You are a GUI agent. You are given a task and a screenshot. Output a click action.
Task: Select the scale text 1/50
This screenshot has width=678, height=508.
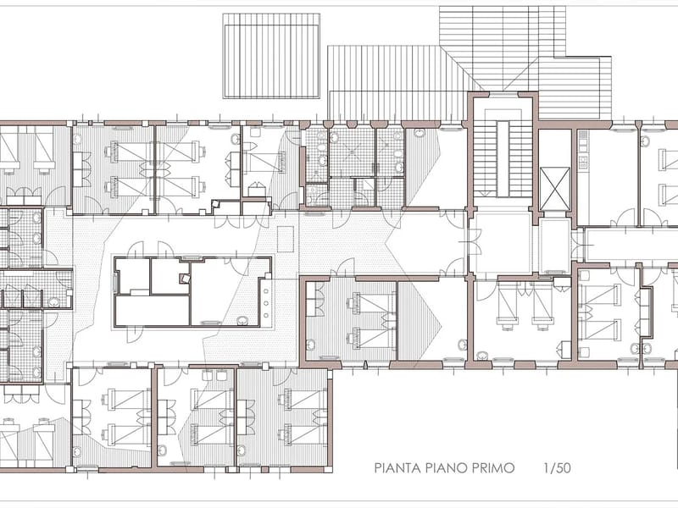(x=558, y=468)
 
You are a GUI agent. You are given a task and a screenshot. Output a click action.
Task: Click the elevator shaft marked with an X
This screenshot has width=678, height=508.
(x=555, y=189)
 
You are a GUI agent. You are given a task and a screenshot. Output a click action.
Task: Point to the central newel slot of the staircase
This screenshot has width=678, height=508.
(x=502, y=158)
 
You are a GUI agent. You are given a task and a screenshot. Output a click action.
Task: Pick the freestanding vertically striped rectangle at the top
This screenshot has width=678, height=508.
(x=271, y=56)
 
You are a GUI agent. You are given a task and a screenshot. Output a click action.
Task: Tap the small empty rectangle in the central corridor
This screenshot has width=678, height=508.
(x=286, y=239)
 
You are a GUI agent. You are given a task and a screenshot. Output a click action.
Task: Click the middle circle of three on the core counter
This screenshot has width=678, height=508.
(x=266, y=303)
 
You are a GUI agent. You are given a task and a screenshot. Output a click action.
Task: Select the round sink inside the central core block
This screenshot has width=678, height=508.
(x=242, y=321)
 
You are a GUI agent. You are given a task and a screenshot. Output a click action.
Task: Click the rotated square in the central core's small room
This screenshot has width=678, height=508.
(x=184, y=279)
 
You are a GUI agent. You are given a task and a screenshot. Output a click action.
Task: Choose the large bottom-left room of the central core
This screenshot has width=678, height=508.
(x=153, y=310)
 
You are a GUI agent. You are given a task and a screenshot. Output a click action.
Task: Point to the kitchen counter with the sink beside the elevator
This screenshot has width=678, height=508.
(x=582, y=150)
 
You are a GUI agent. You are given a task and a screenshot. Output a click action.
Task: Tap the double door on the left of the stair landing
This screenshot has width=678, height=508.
(x=475, y=242)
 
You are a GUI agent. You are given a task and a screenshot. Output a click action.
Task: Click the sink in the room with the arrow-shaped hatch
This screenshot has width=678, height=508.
(x=462, y=345)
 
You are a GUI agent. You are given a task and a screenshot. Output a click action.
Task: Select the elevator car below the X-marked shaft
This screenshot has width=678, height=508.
(x=555, y=246)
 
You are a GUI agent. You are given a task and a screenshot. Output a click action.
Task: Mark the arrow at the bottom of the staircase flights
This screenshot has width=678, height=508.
(x=486, y=191)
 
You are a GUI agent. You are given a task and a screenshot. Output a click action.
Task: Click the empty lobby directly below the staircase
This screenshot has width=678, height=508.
(x=501, y=243)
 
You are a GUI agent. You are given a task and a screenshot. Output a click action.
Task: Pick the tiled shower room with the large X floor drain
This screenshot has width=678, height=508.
(x=352, y=152)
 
